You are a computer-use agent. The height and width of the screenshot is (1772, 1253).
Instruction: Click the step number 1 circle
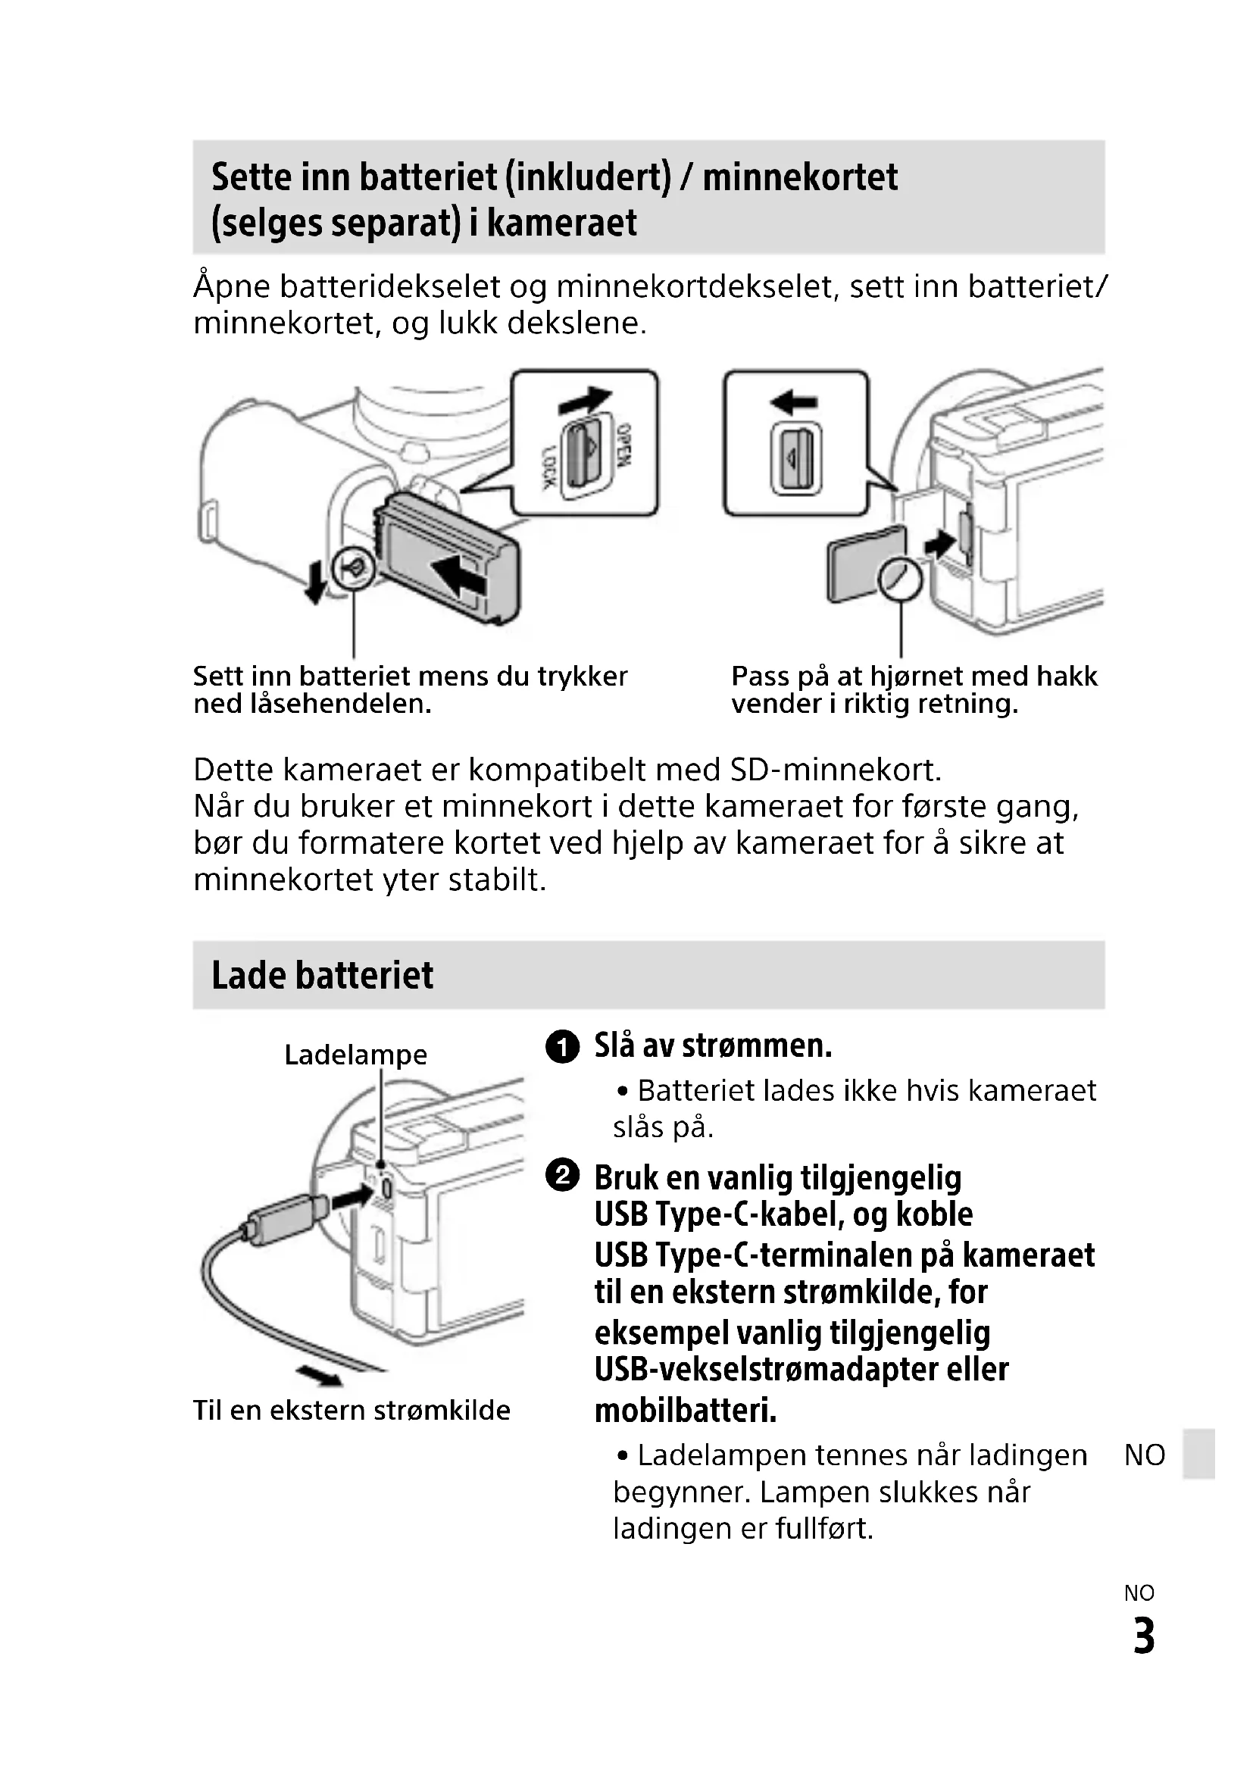click(x=562, y=1046)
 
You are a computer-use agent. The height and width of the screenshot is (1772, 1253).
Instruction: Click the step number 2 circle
click(x=562, y=1177)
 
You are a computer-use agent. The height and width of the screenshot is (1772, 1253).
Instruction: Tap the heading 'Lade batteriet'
click(x=322, y=975)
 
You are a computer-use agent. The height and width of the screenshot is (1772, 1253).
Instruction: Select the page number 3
click(x=1143, y=1636)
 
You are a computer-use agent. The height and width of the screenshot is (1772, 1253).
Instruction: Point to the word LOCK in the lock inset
click(x=548, y=467)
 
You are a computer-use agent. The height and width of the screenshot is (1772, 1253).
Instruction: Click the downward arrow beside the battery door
click(x=315, y=583)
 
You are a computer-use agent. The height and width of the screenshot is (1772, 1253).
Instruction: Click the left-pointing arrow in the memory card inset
click(x=793, y=402)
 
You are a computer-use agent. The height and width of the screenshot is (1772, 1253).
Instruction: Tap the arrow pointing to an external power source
click(x=320, y=1376)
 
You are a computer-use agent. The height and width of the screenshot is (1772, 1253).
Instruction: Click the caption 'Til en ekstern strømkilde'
click(x=351, y=1411)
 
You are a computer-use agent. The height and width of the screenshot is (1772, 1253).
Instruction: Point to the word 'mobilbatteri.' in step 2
click(x=685, y=1411)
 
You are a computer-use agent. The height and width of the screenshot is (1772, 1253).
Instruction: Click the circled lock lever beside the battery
click(x=353, y=569)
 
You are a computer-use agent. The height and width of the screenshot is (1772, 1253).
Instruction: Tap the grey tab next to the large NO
click(x=1200, y=1454)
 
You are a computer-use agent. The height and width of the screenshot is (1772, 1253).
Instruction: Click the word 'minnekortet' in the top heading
click(x=800, y=177)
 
